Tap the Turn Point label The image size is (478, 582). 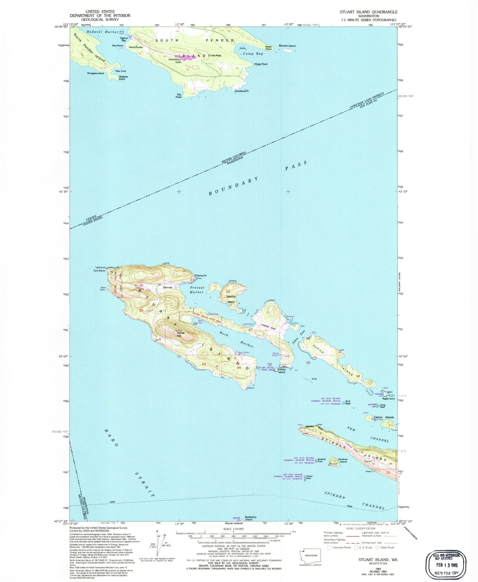[x=99, y=270]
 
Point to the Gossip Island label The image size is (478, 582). [x=282, y=371]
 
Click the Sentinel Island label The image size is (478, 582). [x=343, y=460]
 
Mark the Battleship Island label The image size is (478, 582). [x=250, y=518]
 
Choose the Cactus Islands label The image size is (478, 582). [x=384, y=417]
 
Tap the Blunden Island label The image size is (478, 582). [x=287, y=46]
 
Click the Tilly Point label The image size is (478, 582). [x=179, y=96]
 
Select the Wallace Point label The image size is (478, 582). [x=123, y=78]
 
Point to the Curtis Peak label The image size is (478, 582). [x=215, y=56]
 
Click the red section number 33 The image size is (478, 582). [x=204, y=364]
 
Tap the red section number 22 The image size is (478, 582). [x=228, y=292]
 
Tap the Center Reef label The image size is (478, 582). [x=309, y=478]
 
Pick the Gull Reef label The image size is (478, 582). [x=348, y=402]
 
